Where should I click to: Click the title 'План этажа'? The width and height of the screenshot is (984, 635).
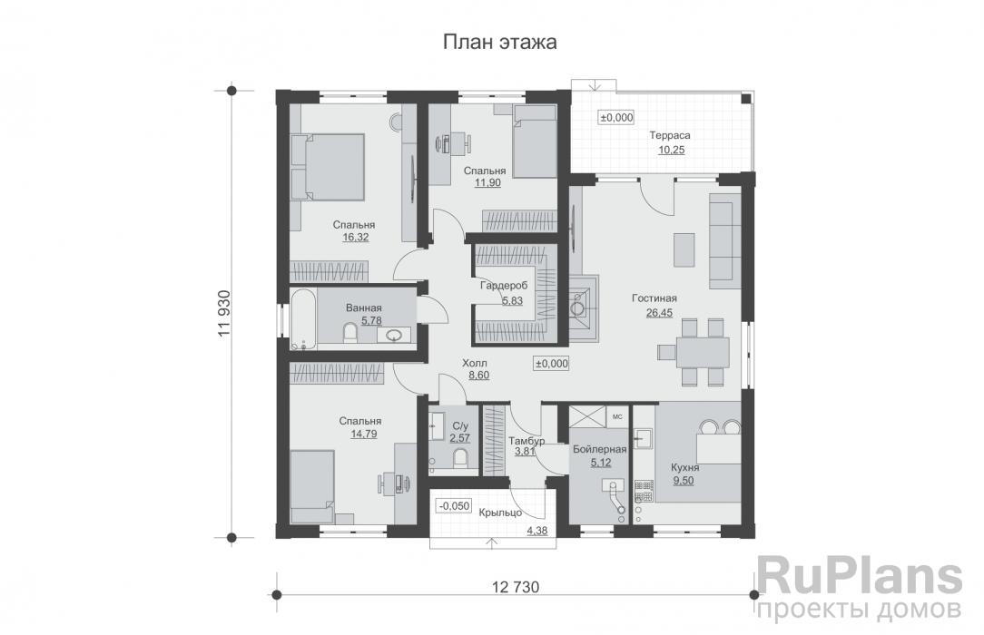(x=499, y=42)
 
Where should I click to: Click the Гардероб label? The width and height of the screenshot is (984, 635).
(x=504, y=286)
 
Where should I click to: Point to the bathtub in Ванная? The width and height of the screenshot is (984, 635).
(x=303, y=318)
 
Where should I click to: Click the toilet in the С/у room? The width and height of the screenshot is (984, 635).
(x=460, y=458)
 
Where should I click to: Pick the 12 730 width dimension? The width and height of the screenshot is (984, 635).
(x=516, y=587)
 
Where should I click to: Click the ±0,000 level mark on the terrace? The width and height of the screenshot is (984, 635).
(x=615, y=117)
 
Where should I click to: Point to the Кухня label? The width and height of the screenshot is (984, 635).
(x=684, y=467)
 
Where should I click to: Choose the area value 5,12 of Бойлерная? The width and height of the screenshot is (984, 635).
(x=600, y=463)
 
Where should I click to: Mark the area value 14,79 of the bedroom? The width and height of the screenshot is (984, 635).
(x=359, y=434)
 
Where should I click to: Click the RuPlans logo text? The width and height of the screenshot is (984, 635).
(x=859, y=577)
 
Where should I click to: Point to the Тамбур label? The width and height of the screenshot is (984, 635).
(x=526, y=441)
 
